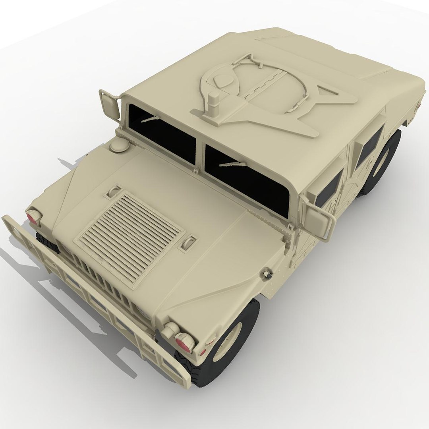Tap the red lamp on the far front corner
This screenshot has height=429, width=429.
click(33, 217)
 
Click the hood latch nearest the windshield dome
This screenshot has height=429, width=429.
click(114, 191)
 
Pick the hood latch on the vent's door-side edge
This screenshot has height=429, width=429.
click(189, 242)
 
